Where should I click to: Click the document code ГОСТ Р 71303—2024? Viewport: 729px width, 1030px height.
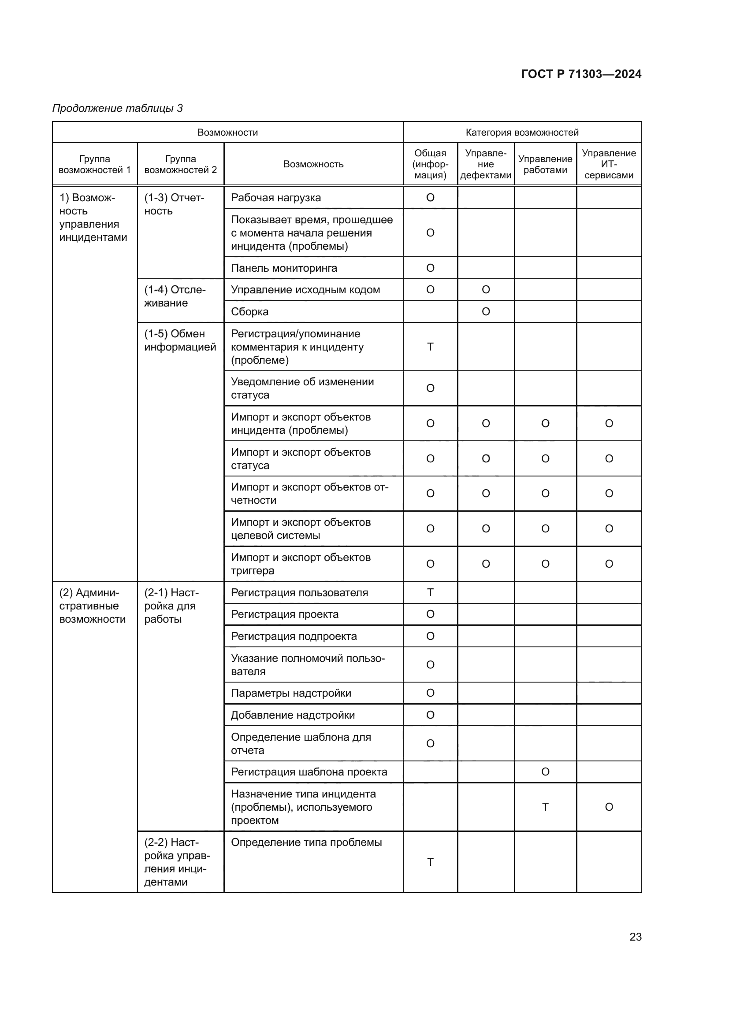tap(581, 74)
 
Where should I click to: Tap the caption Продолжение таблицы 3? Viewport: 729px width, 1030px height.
tap(118, 108)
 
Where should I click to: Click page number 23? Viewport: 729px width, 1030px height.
tap(635, 937)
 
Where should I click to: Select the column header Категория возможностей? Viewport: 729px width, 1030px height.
tap(521, 133)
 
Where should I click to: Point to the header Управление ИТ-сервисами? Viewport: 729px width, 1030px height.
tap(609, 164)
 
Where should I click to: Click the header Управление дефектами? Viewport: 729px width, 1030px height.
tap(485, 164)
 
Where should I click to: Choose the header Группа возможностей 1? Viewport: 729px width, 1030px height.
tap(94, 164)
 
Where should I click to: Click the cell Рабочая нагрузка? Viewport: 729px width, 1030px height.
tap(275, 198)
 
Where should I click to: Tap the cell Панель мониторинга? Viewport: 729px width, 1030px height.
tap(284, 268)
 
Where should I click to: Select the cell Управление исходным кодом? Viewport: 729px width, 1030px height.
tap(305, 290)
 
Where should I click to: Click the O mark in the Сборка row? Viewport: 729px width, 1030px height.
tap(486, 312)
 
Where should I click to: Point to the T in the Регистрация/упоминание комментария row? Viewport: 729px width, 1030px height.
tap(430, 347)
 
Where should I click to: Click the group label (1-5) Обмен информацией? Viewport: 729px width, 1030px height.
tap(180, 340)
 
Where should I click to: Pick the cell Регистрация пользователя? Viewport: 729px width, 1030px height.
tap(299, 593)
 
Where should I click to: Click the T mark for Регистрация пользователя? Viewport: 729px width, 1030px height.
tap(430, 593)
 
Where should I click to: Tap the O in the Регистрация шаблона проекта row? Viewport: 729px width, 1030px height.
tap(545, 772)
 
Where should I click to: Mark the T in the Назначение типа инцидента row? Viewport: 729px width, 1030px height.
tap(545, 807)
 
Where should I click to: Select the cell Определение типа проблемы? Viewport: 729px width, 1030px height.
tap(306, 842)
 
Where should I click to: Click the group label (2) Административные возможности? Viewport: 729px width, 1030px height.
tap(93, 605)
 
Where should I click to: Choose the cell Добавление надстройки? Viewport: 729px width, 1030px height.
tap(293, 715)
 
